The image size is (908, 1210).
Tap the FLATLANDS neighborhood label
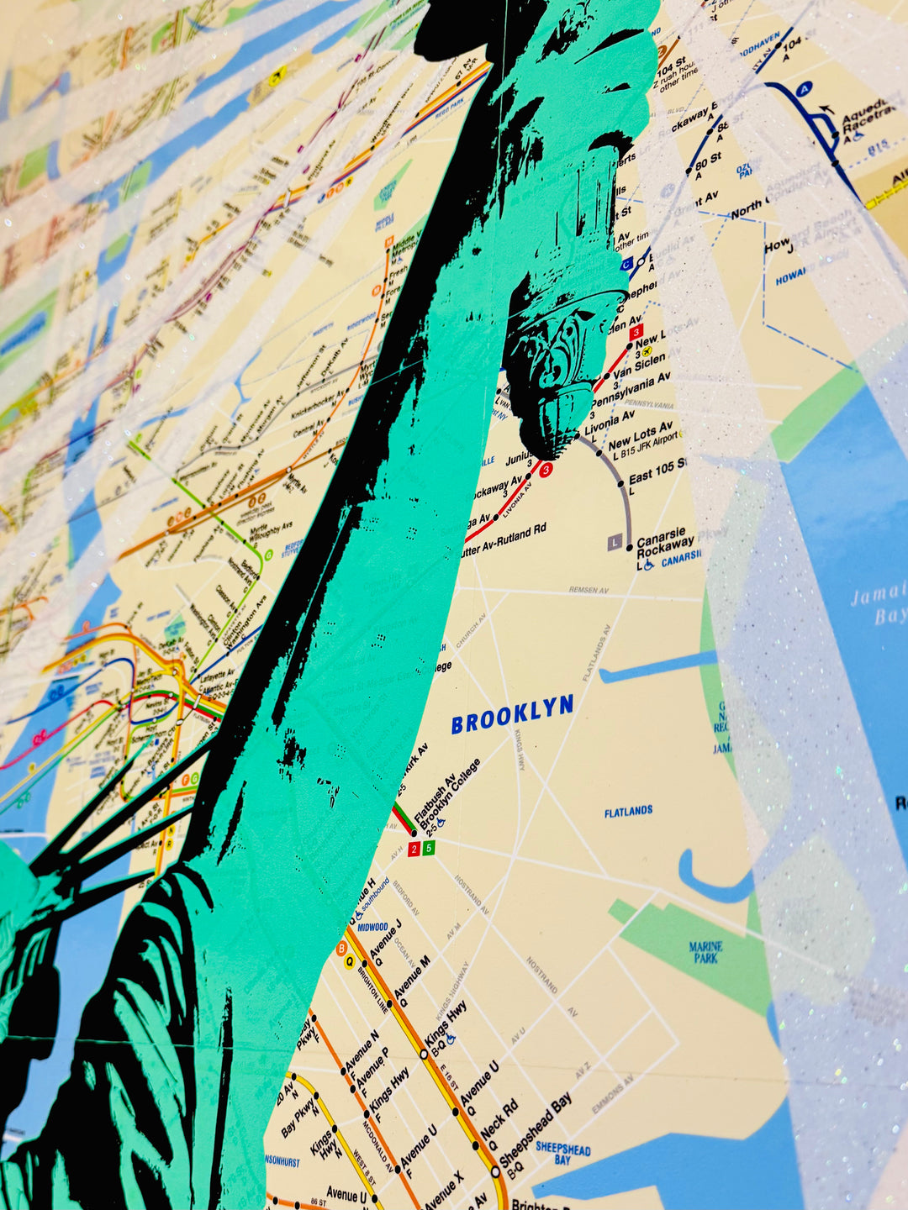click(x=628, y=812)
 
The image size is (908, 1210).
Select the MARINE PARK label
click(x=706, y=952)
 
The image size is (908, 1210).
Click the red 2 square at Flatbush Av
click(x=414, y=849)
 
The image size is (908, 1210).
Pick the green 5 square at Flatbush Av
click(x=429, y=848)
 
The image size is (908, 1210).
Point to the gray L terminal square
click(x=615, y=544)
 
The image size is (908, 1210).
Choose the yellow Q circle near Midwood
click(x=349, y=962)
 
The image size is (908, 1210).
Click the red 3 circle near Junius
click(x=546, y=471)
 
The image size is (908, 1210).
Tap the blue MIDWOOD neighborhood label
click(x=372, y=928)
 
